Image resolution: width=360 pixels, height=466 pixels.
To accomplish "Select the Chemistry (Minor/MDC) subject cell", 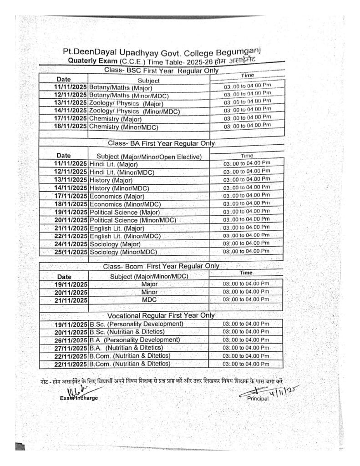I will (122, 126).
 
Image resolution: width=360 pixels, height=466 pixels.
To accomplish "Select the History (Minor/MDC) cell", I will (119, 188).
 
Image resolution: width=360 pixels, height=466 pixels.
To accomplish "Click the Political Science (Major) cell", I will (125, 213).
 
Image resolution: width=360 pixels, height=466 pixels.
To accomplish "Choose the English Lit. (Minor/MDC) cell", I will (125, 237).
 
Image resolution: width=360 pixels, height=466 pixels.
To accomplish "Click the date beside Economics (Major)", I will (70, 196).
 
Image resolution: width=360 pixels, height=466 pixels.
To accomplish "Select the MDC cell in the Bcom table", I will (149, 300).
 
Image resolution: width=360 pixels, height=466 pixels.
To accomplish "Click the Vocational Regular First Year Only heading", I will (161, 315).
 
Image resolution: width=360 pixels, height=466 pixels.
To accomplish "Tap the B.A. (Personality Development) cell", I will (135, 340).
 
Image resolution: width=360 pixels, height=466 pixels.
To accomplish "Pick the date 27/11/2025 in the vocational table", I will (70, 348).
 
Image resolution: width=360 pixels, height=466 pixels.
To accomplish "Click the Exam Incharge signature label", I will (79, 398).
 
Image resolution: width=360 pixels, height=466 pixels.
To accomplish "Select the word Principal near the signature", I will (258, 398).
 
